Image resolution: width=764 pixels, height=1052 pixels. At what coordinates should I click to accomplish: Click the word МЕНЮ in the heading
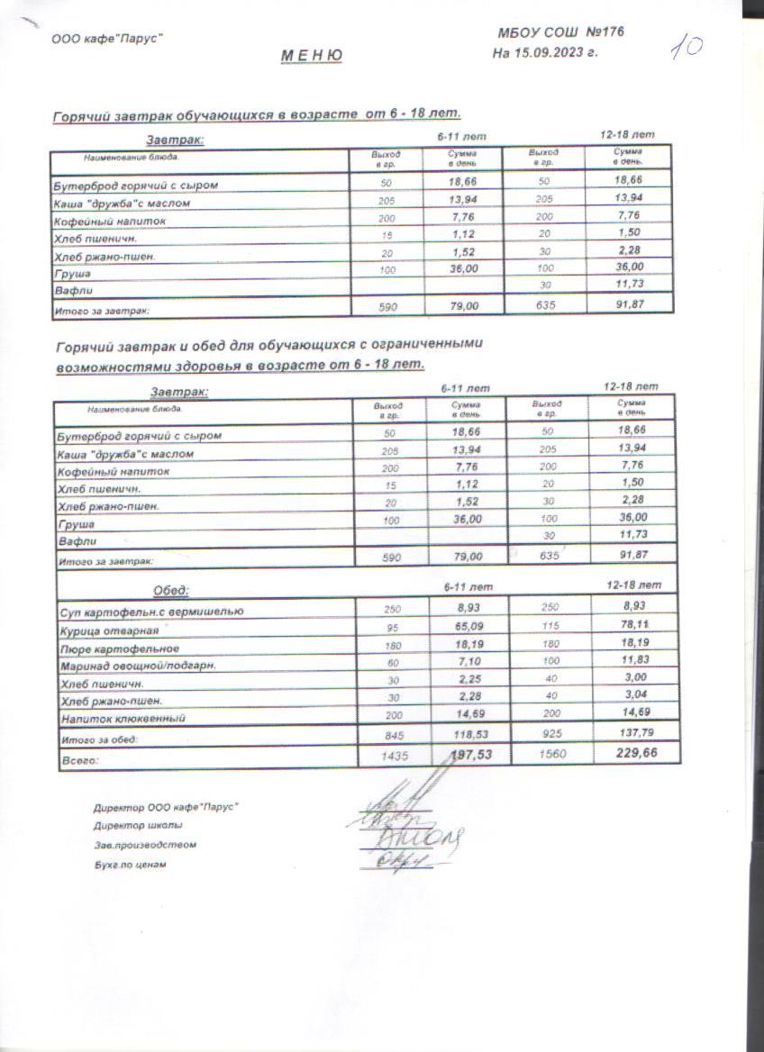coord(311,56)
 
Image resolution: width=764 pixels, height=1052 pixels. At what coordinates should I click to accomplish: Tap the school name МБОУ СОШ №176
coord(560,33)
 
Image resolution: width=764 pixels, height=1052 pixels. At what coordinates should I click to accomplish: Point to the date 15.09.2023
coord(549,52)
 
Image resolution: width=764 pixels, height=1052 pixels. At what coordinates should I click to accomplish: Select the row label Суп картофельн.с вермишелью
coord(150,612)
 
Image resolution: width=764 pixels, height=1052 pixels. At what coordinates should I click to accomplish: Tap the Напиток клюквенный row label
coord(123,719)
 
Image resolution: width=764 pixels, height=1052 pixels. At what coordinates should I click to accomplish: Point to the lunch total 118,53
coord(467,735)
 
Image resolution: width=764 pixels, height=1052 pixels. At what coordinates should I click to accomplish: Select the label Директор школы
coord(138,825)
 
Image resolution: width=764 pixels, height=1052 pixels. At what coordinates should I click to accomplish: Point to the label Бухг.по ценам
coord(131,865)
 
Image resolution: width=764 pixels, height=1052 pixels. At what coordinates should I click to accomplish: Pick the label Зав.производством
coord(145,845)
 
